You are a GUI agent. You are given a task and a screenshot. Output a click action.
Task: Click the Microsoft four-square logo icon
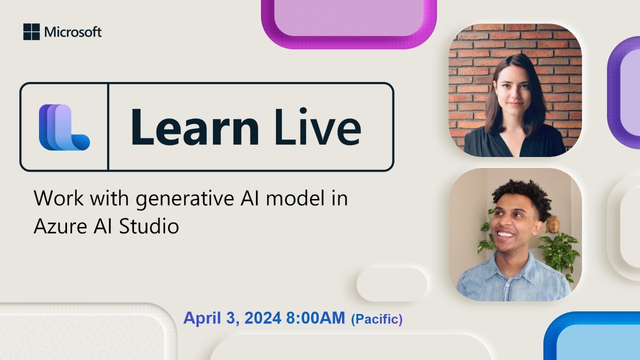coord(31,32)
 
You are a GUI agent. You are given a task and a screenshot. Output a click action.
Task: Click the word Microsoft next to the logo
coord(73,32)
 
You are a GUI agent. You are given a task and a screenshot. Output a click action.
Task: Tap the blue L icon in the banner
coord(64,127)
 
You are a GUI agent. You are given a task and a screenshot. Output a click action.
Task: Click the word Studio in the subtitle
coord(149,226)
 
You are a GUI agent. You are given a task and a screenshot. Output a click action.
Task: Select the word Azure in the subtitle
coord(57,226)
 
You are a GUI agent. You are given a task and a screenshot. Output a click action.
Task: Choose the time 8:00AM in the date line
coord(315,318)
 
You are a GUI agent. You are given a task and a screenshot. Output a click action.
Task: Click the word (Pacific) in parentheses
coord(377,319)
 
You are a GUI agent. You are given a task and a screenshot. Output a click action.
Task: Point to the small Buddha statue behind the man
coord(553,225)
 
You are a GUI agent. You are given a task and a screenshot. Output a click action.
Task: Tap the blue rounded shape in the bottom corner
coord(595,340)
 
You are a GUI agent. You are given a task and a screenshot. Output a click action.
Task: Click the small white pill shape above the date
coord(391,284)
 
